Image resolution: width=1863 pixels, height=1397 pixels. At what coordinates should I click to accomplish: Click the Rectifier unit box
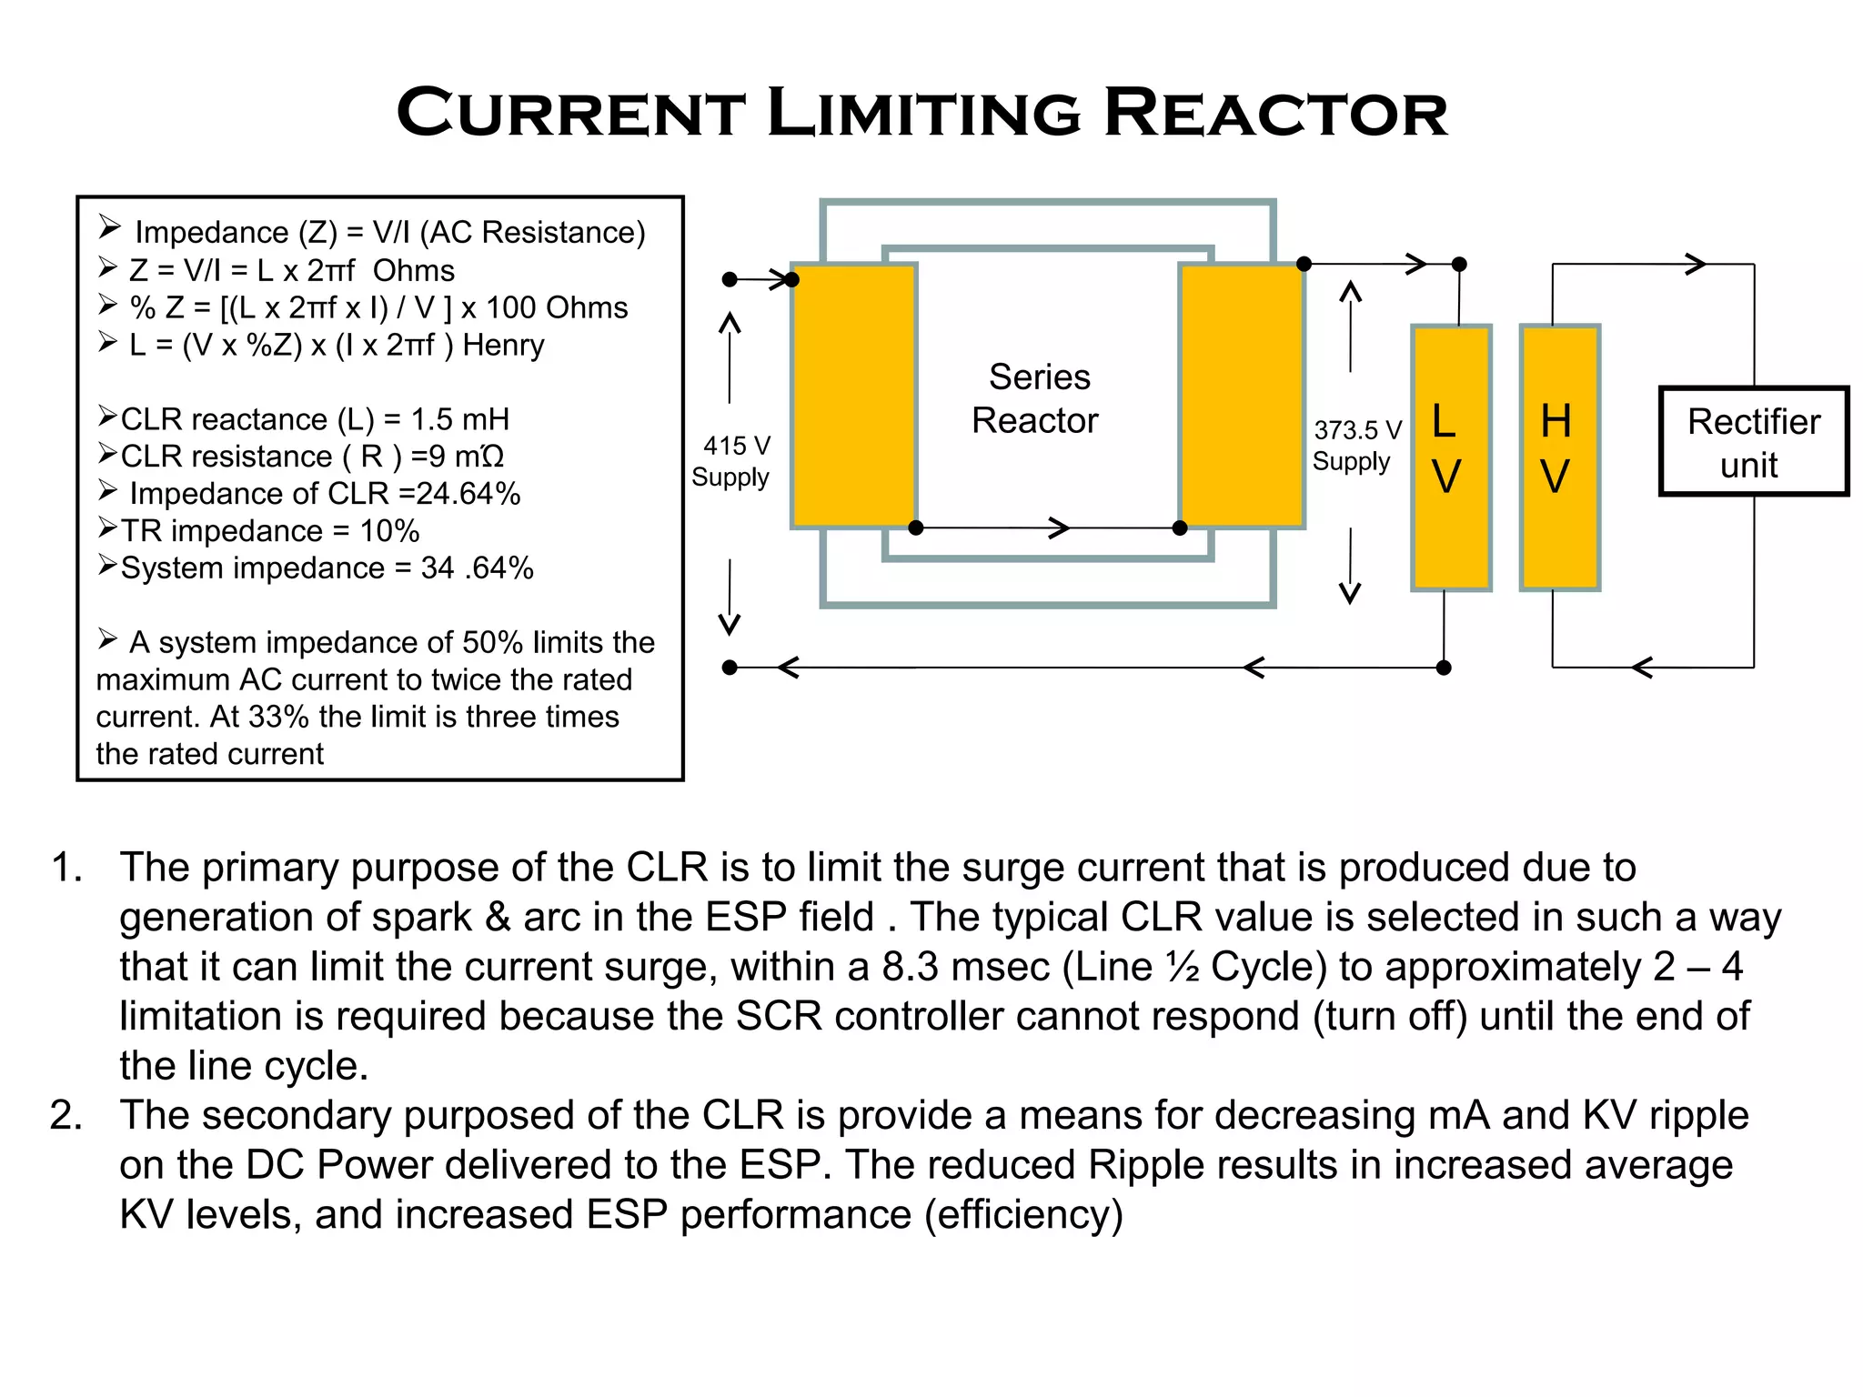[1753, 442]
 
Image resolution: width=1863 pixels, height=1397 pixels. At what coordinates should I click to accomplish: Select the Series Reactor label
[1036, 398]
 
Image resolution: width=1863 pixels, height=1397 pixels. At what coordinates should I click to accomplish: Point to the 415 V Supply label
[732, 461]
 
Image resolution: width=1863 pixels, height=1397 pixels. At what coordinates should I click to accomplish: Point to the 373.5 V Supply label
[1355, 446]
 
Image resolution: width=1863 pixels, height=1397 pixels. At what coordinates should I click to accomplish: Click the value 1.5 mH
[459, 419]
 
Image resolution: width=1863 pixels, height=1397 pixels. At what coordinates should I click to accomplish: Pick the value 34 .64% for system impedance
[477, 568]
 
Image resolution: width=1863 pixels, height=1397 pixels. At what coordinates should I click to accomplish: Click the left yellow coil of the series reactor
[853, 396]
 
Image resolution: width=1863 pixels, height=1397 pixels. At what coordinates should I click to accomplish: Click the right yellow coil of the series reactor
[1242, 396]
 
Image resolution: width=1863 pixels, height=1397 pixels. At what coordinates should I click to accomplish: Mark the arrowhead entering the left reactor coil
[780, 279]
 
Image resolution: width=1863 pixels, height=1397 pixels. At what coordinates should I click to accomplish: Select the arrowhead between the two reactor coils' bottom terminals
[1058, 528]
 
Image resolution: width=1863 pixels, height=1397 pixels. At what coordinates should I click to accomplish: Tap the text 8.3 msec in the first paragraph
[966, 967]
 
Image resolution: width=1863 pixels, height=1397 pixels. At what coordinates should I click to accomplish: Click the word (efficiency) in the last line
[1023, 1215]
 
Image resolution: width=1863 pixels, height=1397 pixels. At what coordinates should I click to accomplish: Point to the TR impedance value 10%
[389, 531]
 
